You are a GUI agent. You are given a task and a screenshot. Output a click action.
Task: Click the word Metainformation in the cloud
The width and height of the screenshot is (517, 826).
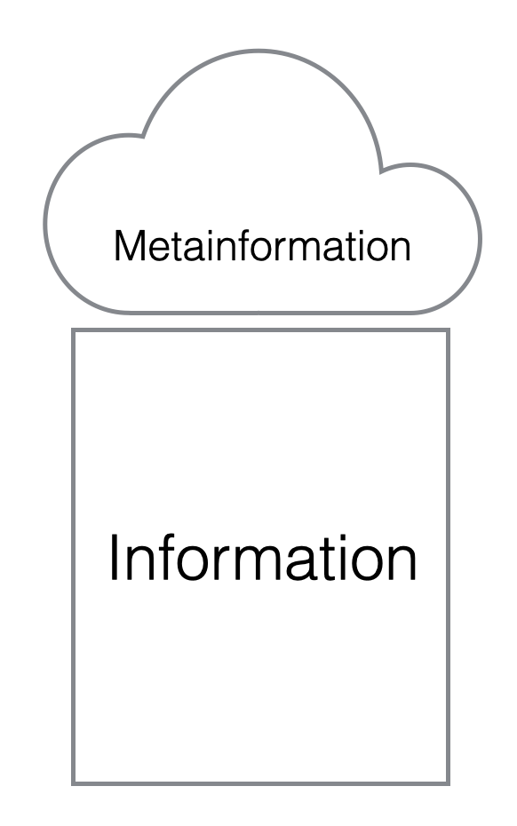262,245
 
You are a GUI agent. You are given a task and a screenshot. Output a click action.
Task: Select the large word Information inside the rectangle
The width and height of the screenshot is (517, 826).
262,558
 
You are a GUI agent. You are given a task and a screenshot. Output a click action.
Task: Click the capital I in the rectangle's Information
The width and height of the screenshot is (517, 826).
114,558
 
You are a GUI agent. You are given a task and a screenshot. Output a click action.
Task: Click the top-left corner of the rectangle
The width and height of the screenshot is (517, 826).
73,330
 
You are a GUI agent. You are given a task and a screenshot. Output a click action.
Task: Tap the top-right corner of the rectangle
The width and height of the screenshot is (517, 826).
448,330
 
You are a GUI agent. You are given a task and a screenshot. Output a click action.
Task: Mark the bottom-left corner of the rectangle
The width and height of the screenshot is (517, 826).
73,783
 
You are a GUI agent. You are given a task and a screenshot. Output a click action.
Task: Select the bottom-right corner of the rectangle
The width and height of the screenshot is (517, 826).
448,783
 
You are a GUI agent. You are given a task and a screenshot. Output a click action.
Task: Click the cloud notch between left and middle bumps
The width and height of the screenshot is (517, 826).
143,137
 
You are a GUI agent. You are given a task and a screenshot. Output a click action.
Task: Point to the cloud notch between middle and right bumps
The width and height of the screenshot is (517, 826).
380,171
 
